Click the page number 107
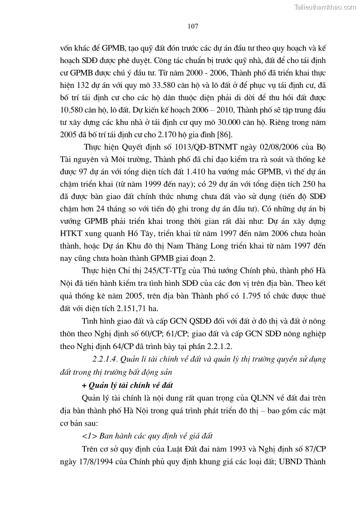[193, 27]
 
